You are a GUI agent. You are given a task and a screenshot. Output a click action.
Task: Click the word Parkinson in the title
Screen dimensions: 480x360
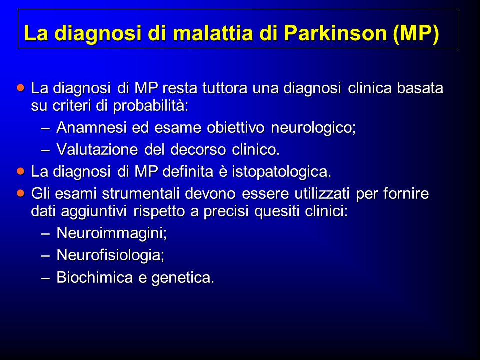pyautogui.click(x=336, y=33)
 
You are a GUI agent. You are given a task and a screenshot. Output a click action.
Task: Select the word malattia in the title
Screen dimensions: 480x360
pyautogui.click(x=213, y=33)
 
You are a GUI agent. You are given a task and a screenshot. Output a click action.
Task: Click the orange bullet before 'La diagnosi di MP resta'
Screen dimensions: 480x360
pyautogui.click(x=21, y=88)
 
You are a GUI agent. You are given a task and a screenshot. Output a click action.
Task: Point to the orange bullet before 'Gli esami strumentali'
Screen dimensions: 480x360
pyautogui.click(x=21, y=193)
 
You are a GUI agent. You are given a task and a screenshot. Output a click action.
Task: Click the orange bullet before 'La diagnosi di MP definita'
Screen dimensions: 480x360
pyautogui.click(x=21, y=171)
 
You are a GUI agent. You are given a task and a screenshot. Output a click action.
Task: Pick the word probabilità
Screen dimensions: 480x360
pyautogui.click(x=150, y=106)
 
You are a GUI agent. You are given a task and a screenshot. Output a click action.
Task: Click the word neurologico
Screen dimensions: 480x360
pyautogui.click(x=313, y=128)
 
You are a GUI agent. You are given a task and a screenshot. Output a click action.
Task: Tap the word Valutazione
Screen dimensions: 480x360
pyautogui.click(x=97, y=149)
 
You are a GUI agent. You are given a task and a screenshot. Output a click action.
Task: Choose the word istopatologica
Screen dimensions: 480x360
pyautogui.click(x=281, y=172)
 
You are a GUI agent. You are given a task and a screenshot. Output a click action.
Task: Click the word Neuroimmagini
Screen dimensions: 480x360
pyautogui.click(x=111, y=233)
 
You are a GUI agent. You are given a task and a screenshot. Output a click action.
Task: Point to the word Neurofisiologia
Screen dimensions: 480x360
pyautogui.click(x=110, y=255)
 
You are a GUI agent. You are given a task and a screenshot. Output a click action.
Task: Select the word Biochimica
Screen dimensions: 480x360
pyautogui.click(x=95, y=277)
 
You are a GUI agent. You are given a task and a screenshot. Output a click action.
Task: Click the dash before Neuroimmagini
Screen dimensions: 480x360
pyautogui.click(x=45, y=233)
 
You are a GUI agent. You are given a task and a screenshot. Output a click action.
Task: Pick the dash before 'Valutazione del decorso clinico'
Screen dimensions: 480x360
pyautogui.click(x=45, y=150)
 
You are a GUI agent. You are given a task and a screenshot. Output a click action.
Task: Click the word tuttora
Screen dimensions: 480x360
pyautogui.click(x=225, y=88)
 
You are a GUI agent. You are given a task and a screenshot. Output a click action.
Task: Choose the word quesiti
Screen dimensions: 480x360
pyautogui.click(x=276, y=211)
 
